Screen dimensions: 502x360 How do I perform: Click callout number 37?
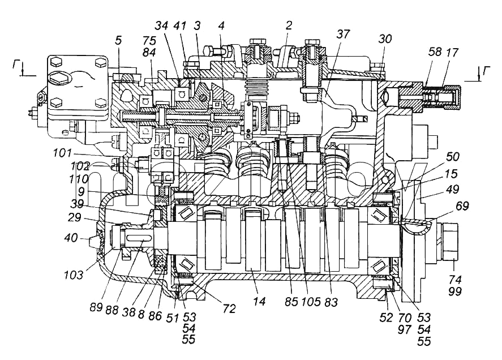[x=343, y=34]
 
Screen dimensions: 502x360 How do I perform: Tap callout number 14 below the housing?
[x=259, y=301]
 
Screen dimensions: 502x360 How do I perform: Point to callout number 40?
[x=71, y=238]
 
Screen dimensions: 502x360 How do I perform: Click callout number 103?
[x=74, y=275]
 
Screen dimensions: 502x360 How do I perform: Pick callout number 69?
[x=462, y=206]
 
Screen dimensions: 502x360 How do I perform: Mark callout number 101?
[x=62, y=153]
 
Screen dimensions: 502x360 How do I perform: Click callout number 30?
[x=385, y=38]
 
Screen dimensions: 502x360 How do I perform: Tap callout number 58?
[x=435, y=52]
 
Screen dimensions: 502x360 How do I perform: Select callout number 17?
[x=452, y=52]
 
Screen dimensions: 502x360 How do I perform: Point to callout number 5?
[x=118, y=40]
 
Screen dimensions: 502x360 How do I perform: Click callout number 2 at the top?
[x=289, y=25]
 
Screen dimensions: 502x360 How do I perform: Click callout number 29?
[x=74, y=218]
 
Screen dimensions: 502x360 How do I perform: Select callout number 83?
[x=331, y=301]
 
